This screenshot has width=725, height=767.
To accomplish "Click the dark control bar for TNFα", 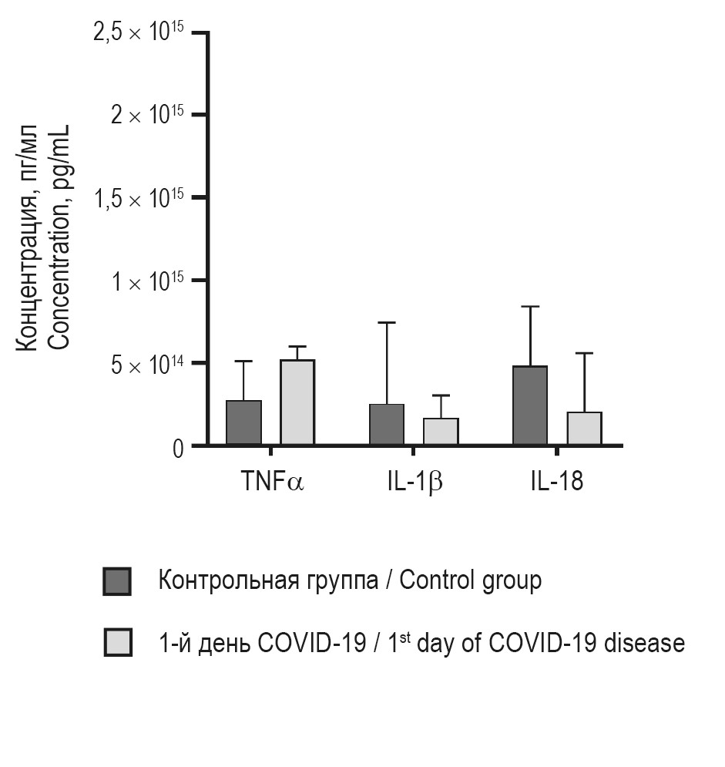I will tap(243, 422).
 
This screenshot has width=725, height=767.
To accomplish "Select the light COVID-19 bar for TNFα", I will tap(297, 402).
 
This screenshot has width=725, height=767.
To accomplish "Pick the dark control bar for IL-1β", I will tap(387, 424).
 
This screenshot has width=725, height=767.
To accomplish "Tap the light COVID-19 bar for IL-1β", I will tap(441, 432).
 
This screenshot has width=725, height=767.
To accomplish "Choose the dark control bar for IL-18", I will tap(530, 405).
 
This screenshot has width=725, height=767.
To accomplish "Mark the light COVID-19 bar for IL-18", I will tap(584, 429).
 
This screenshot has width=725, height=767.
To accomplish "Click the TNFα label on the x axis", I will tap(272, 482).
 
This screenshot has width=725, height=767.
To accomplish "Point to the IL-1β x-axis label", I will tap(415, 482).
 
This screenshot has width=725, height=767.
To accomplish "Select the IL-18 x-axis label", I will tap(556, 482).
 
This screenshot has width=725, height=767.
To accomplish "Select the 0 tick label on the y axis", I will tap(178, 448).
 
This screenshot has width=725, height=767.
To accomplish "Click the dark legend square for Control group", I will tap(117, 581).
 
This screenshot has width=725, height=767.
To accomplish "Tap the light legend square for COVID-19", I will tap(117, 642).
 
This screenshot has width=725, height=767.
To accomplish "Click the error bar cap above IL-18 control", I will tap(530, 307).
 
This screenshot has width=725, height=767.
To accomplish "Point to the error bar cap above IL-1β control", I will tap(387, 323).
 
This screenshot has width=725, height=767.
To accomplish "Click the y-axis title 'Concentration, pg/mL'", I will tap(61, 239).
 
